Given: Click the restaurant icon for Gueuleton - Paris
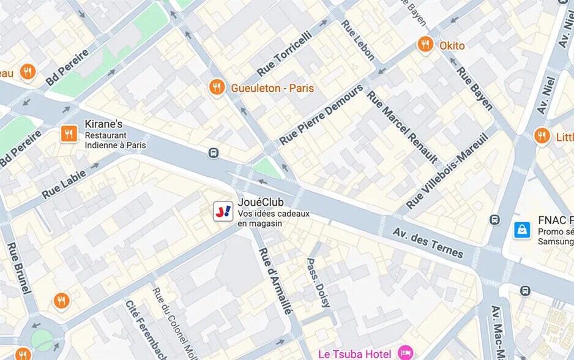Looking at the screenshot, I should pyautogui.click(x=217, y=88).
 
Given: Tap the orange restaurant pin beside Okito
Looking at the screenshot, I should pyautogui.click(x=425, y=45).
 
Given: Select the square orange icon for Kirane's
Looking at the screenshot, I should pyautogui.click(x=69, y=134).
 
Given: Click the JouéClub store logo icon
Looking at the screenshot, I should pyautogui.click(x=223, y=212).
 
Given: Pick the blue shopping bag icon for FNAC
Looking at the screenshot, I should pyautogui.click(x=522, y=230).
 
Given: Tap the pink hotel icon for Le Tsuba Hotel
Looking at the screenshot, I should pyautogui.click(x=404, y=353).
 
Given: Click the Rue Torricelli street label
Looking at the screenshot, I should pyautogui.click(x=284, y=54).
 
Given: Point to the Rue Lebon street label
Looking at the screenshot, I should pyautogui.click(x=358, y=40).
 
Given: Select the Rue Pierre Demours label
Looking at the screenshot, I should pyautogui.click(x=321, y=115).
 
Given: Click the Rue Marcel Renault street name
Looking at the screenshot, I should pyautogui.click(x=402, y=127).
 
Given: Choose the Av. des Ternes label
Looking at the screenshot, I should pyautogui.click(x=428, y=243).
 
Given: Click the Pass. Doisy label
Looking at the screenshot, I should pyautogui.click(x=318, y=282).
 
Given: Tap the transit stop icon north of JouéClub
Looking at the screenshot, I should pyautogui.click(x=214, y=153).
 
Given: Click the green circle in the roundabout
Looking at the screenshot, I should pyautogui.click(x=42, y=340).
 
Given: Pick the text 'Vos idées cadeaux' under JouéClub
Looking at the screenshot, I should pyautogui.click(x=274, y=214).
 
